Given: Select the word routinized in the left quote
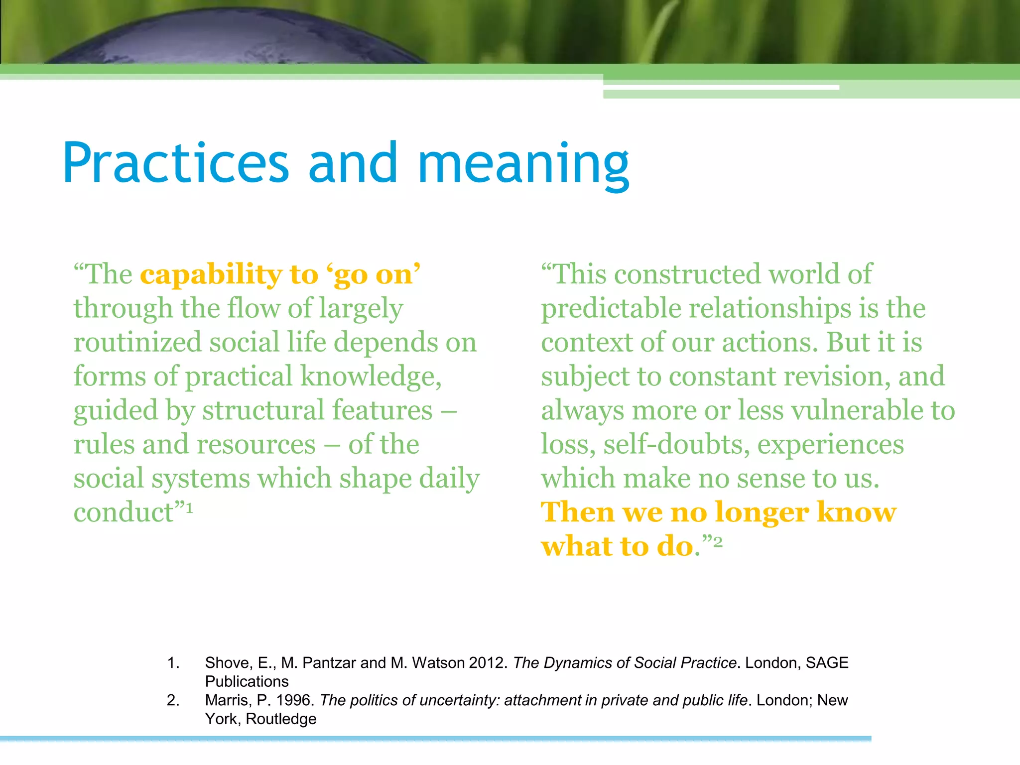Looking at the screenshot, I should [x=137, y=343].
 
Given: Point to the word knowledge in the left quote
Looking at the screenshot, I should [x=371, y=377].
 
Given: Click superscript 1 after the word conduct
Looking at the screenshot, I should [x=189, y=508].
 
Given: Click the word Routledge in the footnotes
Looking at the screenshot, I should [x=281, y=719].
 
